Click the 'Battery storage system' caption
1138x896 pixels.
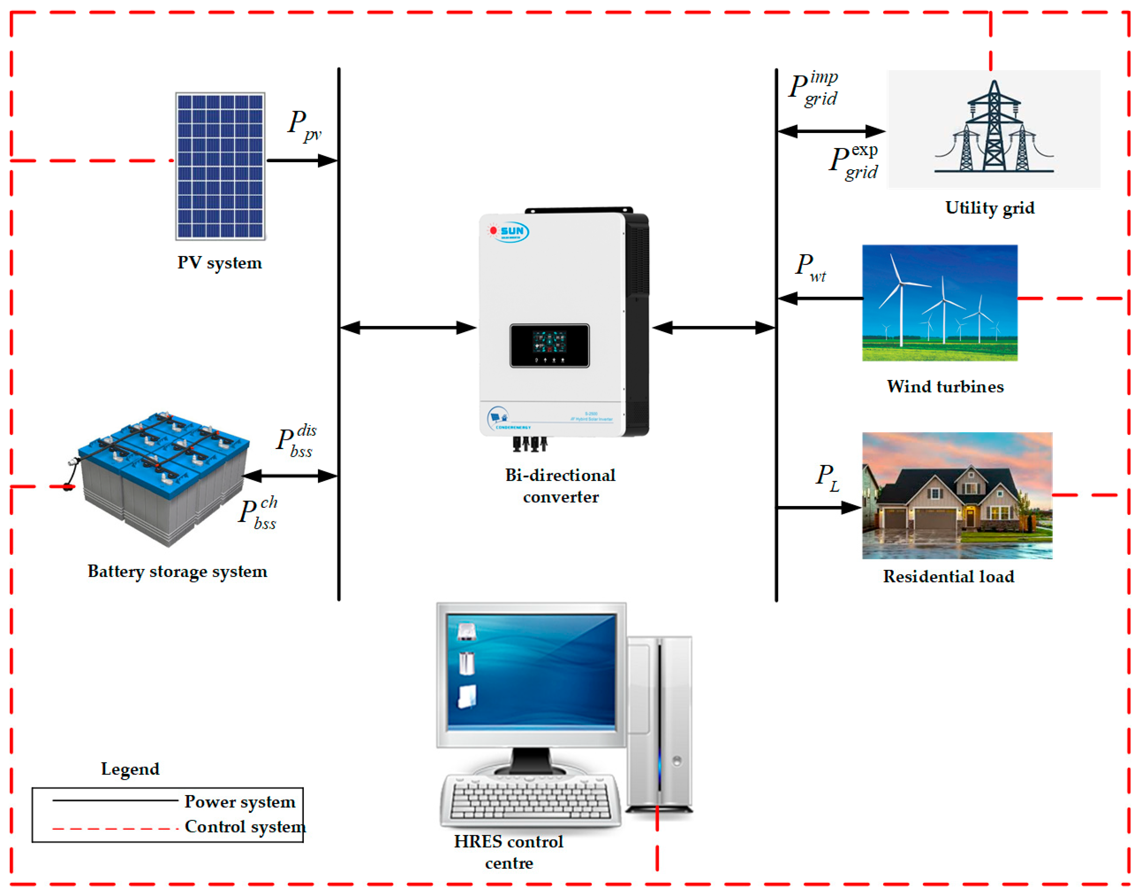[x=177, y=571]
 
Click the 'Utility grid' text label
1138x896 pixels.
[x=990, y=208]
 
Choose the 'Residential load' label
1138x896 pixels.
[x=948, y=577]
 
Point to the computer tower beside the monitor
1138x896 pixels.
[x=660, y=724]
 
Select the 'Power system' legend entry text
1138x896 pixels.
[x=240, y=801]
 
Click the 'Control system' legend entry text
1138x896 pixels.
[x=245, y=827]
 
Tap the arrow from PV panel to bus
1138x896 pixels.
[x=302, y=161]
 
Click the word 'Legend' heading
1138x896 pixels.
[x=130, y=769]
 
